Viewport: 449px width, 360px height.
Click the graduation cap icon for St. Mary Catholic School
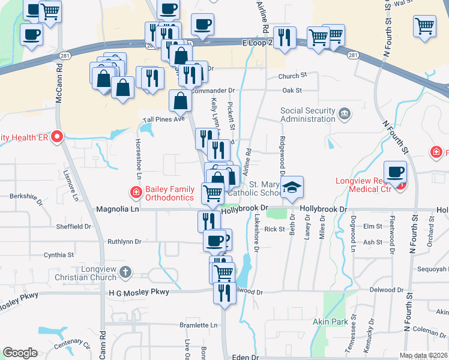click(292, 187)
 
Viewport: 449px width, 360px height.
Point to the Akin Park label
click(330, 322)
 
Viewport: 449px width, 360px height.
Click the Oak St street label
click(292, 90)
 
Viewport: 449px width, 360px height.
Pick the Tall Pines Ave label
click(163, 119)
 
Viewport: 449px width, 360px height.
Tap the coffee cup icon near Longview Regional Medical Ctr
click(396, 173)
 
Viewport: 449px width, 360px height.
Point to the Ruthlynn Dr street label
click(124, 242)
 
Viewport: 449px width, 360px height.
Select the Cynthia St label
click(58, 255)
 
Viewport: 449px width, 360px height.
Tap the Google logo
click(20, 353)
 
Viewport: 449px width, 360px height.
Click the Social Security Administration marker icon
click(344, 113)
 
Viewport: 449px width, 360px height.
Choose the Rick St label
click(274, 229)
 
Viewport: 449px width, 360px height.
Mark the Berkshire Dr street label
click(26, 196)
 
